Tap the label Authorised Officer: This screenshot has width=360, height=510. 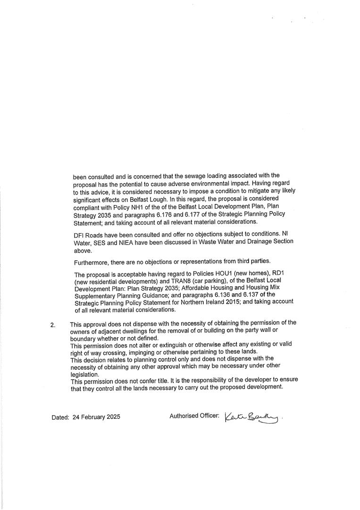(x=194, y=416)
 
